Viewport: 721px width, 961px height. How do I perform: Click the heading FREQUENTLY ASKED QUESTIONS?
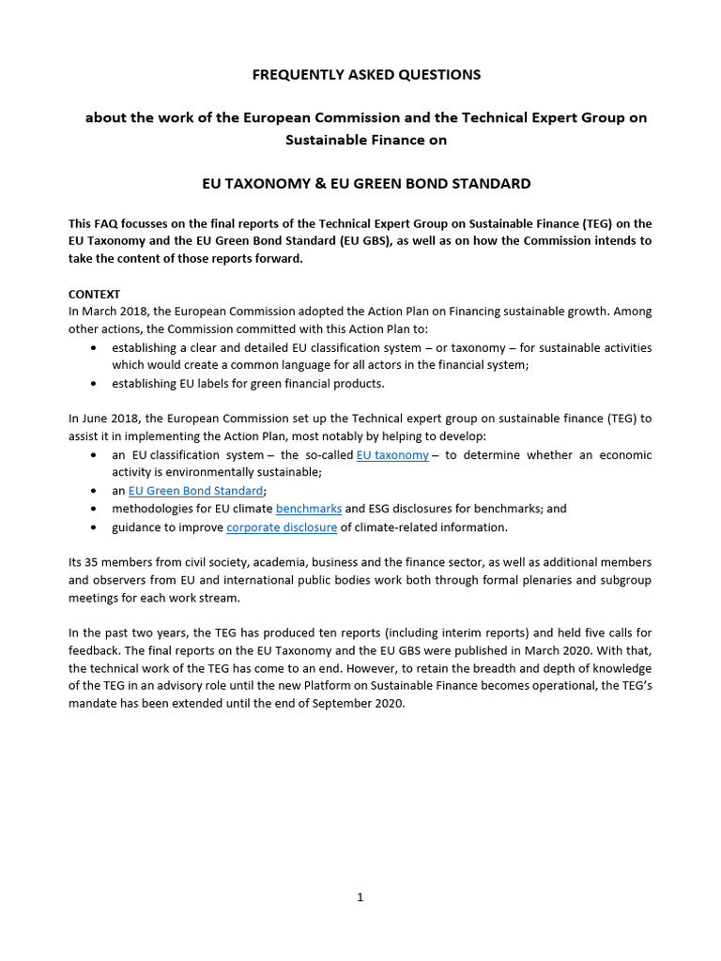(x=366, y=74)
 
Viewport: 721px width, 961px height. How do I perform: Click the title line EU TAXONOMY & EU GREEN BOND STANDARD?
(x=366, y=184)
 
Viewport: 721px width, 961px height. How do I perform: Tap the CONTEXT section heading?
(x=94, y=294)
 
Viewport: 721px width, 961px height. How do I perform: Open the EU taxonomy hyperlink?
(x=392, y=455)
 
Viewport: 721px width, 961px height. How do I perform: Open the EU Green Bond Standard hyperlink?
(x=195, y=491)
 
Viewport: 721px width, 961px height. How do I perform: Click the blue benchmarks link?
(x=309, y=509)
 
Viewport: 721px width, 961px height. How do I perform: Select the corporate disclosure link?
(x=282, y=527)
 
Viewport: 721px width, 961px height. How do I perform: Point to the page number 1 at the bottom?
(x=360, y=897)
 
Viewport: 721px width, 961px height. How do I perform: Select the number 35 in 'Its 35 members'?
(x=90, y=562)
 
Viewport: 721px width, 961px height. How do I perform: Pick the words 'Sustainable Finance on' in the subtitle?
(x=366, y=140)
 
